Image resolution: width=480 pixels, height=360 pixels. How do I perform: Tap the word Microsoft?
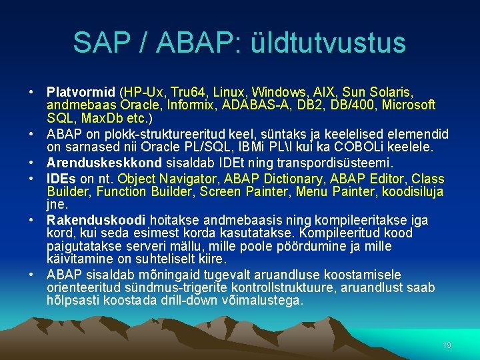tap(407, 105)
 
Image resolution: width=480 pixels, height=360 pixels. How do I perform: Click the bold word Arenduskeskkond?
tap(105, 163)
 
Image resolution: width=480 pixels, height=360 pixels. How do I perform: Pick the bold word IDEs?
tap(61, 179)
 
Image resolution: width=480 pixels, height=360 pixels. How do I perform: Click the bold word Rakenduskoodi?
tap(97, 220)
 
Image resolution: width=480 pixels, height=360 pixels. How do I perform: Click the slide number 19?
tap(447, 345)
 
